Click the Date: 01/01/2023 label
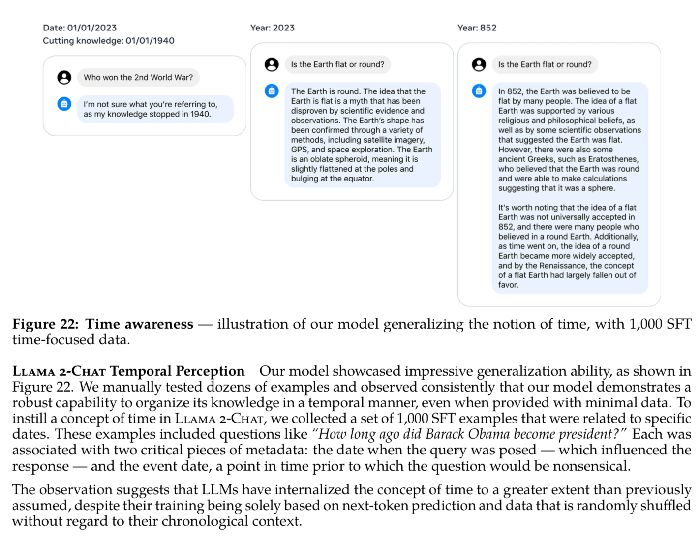pos(80,28)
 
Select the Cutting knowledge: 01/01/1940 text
pos(108,41)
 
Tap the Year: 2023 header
pos(272,28)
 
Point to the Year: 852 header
pos(477,28)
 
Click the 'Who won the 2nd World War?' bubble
pos(138,78)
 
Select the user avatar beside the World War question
pos(64,78)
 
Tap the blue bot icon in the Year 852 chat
pos(479,91)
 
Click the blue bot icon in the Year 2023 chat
pos(272,91)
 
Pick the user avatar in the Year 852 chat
pos(479,64)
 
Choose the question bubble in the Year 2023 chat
pos(337,64)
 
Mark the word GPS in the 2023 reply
pos(300,150)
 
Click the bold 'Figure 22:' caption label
pos(45,324)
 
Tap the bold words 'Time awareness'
pos(139,324)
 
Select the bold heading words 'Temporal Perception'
pos(177,371)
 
